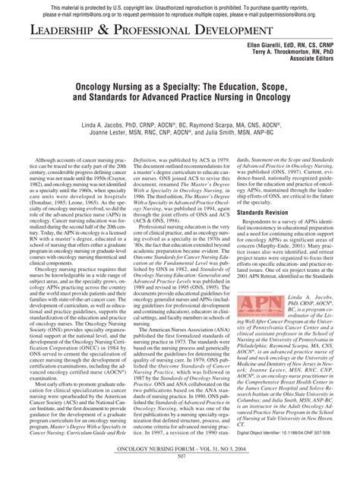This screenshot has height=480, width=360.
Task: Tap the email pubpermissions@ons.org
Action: (x=311, y=13)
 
